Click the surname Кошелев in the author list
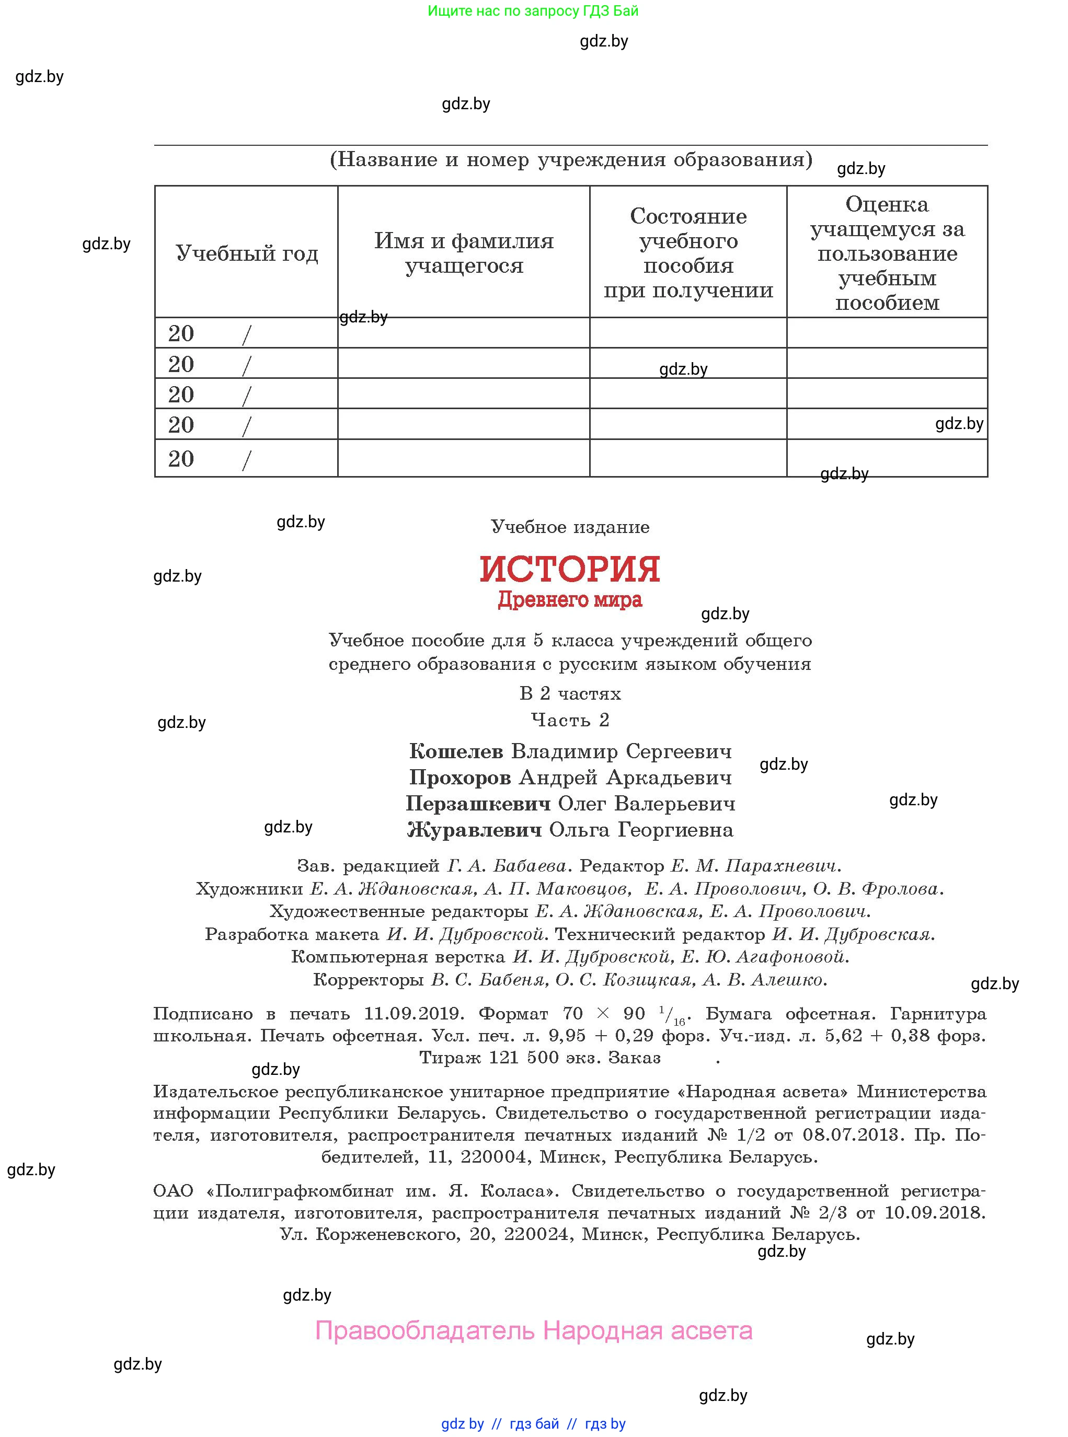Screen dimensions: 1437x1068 tap(456, 751)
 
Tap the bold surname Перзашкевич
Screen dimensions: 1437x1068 tap(478, 804)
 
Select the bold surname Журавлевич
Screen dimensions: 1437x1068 tap(475, 830)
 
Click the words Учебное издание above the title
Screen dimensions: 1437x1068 tap(570, 527)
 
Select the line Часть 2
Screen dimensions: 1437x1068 tap(570, 720)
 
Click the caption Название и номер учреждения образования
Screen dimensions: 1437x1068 tap(571, 159)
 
